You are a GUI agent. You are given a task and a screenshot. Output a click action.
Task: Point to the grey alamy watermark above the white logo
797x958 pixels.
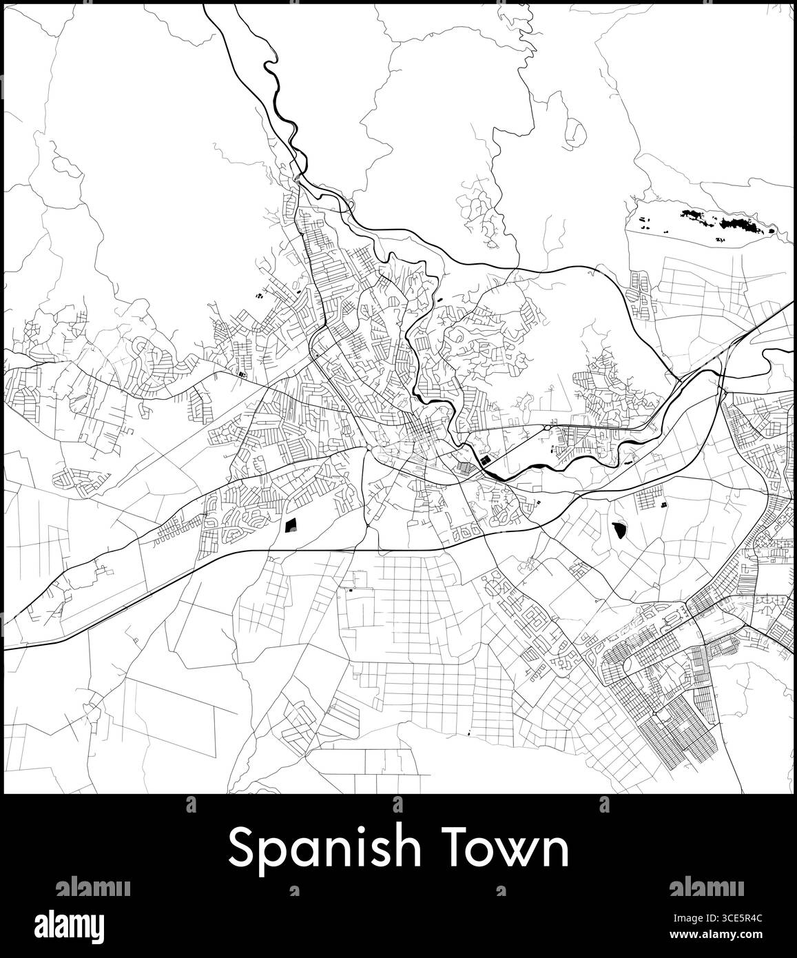click(92, 886)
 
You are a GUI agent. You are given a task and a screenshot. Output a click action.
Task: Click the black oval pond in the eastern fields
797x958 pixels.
click(619, 529)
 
